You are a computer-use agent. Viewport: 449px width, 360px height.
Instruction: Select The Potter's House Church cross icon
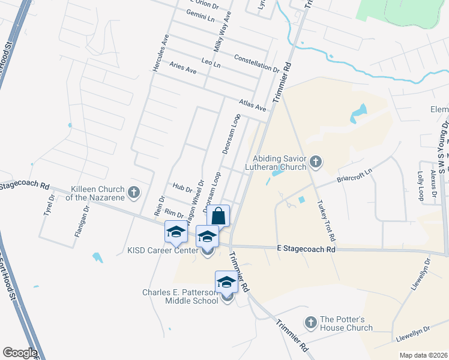pos(311,323)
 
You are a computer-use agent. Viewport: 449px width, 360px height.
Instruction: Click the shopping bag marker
pos(218,215)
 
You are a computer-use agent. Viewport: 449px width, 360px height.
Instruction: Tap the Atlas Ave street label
pos(252,106)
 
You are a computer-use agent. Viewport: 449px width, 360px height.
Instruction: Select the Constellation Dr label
pos(258,63)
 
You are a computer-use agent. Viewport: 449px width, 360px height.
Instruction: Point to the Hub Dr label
pos(182,188)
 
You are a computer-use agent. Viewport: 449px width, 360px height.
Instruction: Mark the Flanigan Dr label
pos(86,220)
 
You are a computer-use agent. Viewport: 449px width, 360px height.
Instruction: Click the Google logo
pos(20,353)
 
